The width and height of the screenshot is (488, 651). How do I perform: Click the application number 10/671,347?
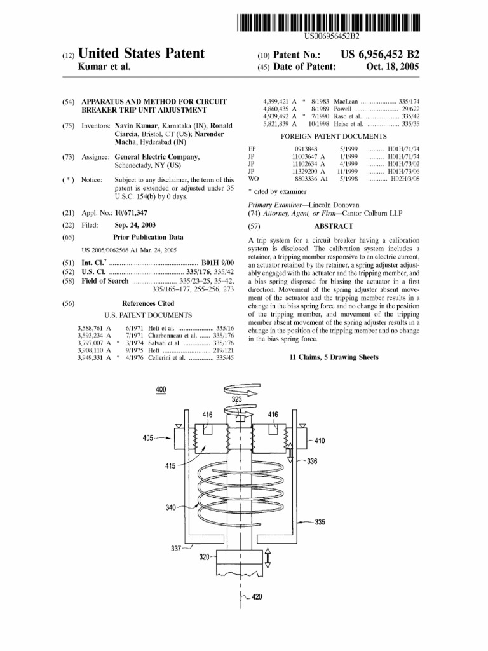(131, 212)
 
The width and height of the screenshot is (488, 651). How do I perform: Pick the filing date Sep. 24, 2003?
(135, 225)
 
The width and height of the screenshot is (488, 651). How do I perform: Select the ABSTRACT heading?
(334, 226)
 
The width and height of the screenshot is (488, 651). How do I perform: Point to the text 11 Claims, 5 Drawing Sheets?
(334, 357)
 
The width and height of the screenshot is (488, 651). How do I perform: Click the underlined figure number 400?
(161, 390)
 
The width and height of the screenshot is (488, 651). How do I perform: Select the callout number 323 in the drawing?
(237, 399)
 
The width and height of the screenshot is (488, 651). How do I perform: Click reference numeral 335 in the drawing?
(320, 523)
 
